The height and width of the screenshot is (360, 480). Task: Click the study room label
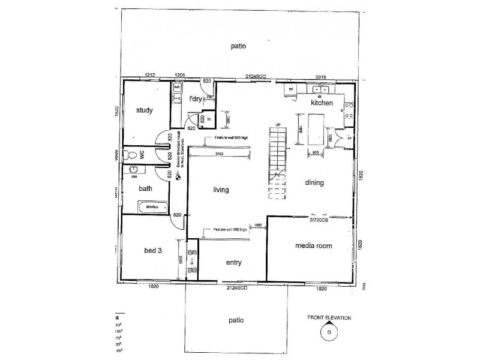(x=144, y=110)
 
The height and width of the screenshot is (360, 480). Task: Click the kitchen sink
(x=319, y=91)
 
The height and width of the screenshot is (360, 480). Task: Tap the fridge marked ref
(x=292, y=89)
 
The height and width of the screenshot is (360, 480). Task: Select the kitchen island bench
(x=316, y=129)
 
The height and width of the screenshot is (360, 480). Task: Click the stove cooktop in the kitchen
(x=347, y=110)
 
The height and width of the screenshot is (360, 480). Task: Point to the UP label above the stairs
(x=277, y=124)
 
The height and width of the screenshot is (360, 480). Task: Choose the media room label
(x=313, y=245)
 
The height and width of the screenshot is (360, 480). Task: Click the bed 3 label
(x=154, y=250)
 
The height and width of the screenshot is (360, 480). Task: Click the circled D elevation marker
(x=329, y=331)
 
